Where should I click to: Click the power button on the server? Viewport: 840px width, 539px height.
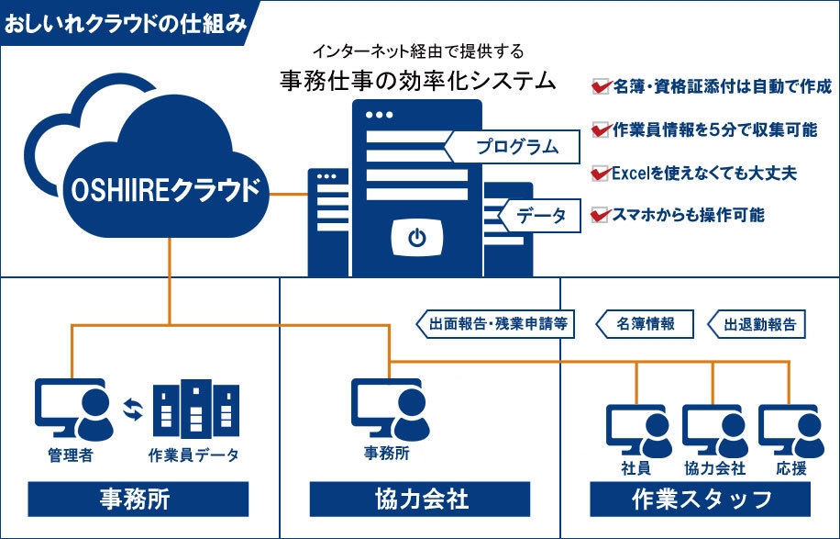417,239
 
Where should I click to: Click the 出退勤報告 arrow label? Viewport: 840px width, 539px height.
757,324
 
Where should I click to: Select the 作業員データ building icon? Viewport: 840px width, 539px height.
195,410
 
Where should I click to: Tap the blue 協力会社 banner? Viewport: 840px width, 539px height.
420,499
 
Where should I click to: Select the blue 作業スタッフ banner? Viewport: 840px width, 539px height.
701,499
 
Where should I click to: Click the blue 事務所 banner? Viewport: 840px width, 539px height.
138,499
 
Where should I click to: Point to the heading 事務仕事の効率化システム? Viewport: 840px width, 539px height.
418,80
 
